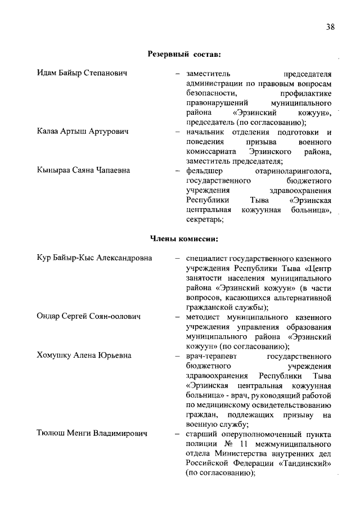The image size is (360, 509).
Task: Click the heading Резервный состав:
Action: (184, 55)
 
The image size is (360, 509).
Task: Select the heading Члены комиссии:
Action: (184, 238)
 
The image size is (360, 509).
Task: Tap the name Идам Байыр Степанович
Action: (82, 74)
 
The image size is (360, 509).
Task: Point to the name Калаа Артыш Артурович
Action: (83, 132)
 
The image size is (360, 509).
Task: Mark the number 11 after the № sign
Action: (236, 443)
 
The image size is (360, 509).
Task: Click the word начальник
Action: (205, 132)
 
